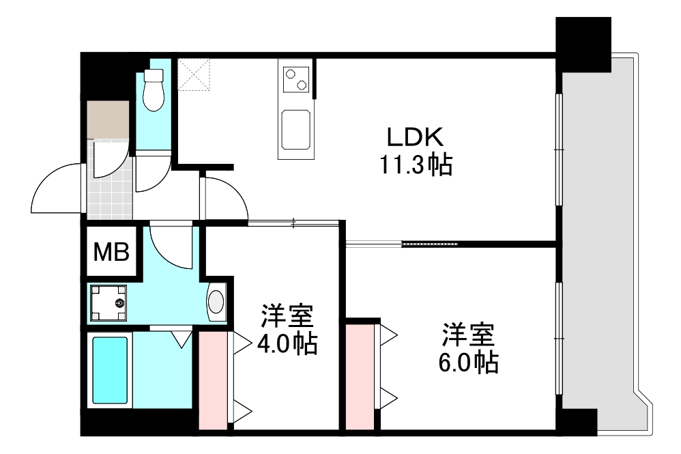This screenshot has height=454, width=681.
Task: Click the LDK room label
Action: pos(416,137)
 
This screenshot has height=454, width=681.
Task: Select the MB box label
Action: pos(112,253)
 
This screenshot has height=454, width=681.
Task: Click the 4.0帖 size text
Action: pos(287,343)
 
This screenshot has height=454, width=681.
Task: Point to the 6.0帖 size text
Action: pos(468,361)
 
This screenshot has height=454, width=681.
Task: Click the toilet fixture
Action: pos(154,91)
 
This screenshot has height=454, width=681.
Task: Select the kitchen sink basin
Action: pos(296,130)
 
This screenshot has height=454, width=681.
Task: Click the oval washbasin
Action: pos(216,301)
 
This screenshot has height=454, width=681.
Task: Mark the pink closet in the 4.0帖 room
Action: pos(212,380)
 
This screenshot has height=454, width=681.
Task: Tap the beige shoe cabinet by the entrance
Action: pos(108,119)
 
